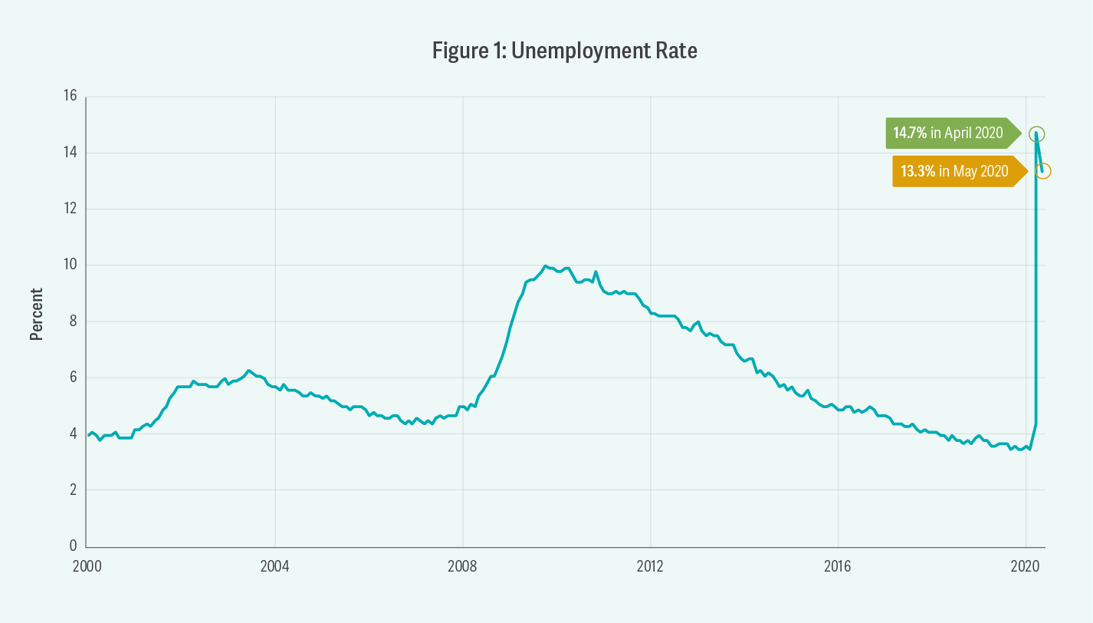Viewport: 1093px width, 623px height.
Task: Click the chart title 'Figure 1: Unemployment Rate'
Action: (565, 51)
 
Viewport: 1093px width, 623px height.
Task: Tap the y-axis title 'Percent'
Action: (36, 315)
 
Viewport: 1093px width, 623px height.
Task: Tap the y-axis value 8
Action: (73, 321)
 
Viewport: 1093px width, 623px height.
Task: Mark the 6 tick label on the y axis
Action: (73, 377)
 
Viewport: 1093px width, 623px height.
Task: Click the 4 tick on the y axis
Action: (73, 433)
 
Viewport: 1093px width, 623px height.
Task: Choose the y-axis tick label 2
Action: (73, 489)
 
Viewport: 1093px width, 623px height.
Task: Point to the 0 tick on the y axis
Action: (73, 546)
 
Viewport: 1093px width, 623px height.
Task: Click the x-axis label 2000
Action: (87, 566)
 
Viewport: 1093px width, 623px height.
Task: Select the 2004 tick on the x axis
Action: (274, 566)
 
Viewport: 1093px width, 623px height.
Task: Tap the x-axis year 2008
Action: (462, 566)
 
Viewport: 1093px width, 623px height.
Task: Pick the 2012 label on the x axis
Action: (650, 566)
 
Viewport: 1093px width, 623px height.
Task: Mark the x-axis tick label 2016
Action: (838, 566)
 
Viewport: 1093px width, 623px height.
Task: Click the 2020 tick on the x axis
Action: (1026, 566)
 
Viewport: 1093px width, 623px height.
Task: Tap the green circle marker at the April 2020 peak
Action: (1036, 133)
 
